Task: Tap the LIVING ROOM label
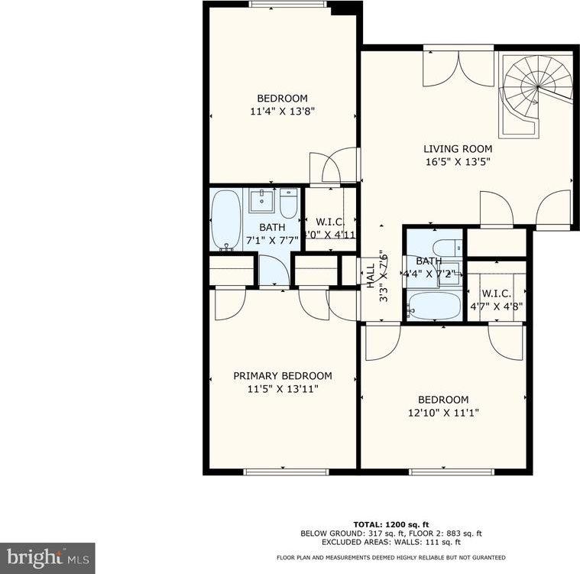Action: click(458, 149)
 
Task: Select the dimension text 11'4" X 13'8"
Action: click(282, 111)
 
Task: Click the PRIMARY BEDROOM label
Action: click(282, 375)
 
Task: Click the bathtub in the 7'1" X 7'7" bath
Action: click(225, 220)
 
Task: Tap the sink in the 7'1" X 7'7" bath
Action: click(261, 200)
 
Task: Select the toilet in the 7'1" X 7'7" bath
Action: click(288, 203)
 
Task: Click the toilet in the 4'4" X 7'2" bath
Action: click(446, 247)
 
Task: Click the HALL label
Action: click(371, 276)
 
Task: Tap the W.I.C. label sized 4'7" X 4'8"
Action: click(496, 293)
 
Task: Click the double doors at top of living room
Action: click(458, 67)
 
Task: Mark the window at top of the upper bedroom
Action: click(287, 5)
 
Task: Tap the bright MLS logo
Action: click(47, 557)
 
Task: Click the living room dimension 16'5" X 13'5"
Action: click(458, 162)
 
